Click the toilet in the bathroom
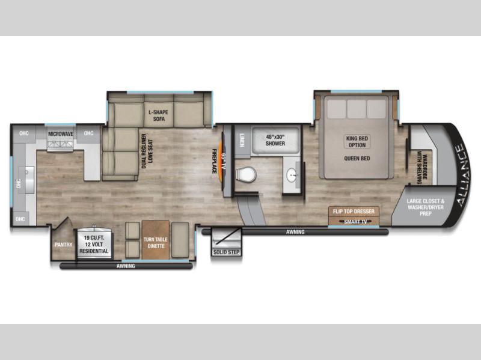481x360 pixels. click(246, 175)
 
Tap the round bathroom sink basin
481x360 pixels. click(292, 175)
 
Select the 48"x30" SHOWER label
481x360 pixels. click(275, 140)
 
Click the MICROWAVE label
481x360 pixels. click(61, 134)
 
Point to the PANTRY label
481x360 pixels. click(64, 245)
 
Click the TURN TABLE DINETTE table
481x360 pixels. click(156, 240)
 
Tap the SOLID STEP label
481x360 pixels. click(227, 252)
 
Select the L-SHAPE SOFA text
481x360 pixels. click(159, 115)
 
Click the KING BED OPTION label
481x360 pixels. click(357, 142)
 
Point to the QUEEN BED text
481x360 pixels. click(357, 159)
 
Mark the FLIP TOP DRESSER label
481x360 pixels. click(354, 212)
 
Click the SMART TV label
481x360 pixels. click(355, 221)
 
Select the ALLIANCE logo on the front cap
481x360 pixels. click(463, 175)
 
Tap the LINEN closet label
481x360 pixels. click(242, 140)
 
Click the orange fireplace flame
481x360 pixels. click(222, 157)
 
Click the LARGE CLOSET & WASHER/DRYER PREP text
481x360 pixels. click(426, 207)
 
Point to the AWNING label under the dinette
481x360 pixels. click(126, 266)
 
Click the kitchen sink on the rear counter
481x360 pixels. click(26, 180)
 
